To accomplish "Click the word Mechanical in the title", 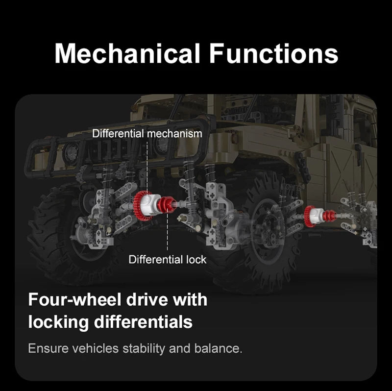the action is tap(127, 53).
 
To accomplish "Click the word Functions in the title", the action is tap(274, 53).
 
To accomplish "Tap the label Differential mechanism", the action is tap(147, 134).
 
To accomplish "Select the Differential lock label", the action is tap(168, 260).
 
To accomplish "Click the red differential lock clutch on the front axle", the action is tap(166, 204).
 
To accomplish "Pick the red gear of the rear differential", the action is tap(309, 216).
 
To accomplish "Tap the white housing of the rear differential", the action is tap(316, 216).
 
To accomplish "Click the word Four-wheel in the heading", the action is tap(75, 299).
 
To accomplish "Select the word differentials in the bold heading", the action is tap(143, 322).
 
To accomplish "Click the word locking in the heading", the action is tap(58, 322).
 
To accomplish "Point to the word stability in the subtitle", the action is tap(144, 348).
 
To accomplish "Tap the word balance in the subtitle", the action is tap(218, 348).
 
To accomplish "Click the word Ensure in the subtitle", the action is tap(48, 348).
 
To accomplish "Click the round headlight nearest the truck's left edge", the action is tap(71, 152).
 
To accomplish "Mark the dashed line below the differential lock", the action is tap(168, 231).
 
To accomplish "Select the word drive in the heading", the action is tap(147, 299).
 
